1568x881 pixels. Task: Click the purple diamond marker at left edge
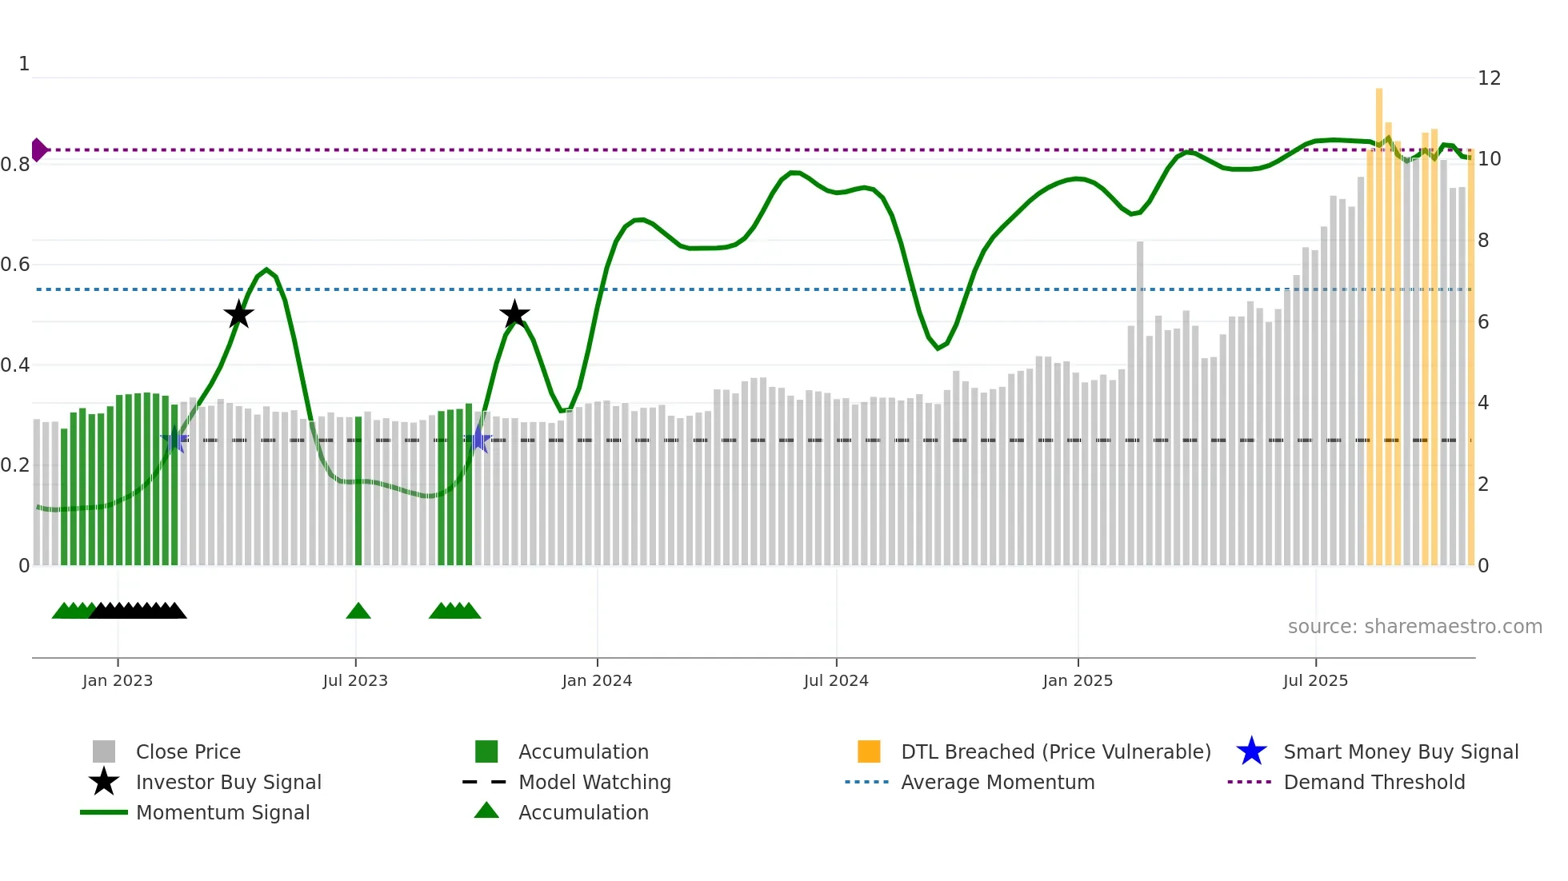point(38,149)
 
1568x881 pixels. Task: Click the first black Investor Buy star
point(238,315)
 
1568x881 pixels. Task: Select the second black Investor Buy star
point(514,314)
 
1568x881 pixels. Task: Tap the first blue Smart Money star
point(174,440)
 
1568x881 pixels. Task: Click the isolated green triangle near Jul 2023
point(358,612)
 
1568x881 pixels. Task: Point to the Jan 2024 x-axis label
point(597,680)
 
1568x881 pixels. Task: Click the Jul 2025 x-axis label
point(1315,680)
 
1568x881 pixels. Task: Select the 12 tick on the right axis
point(1489,78)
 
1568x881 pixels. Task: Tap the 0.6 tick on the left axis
point(15,264)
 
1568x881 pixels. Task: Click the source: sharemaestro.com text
point(1414,627)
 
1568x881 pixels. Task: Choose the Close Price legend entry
point(188,751)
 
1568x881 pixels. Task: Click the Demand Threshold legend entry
point(1374,782)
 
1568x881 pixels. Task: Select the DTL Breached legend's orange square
point(869,751)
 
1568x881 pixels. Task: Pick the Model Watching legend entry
point(594,782)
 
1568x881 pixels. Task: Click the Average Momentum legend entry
point(997,782)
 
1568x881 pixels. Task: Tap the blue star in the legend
point(1251,751)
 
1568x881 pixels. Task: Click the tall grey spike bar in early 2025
point(1140,400)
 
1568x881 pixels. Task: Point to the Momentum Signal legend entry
point(222,812)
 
